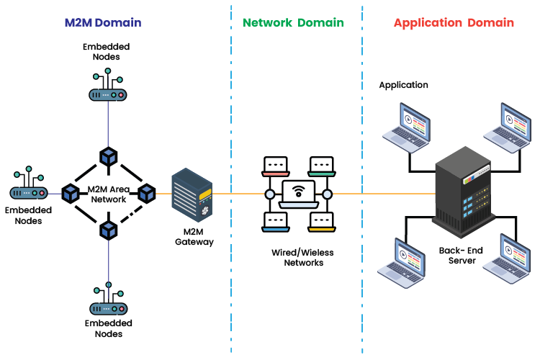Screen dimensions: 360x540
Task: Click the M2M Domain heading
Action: (102, 22)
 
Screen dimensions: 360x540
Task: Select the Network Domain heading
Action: (293, 22)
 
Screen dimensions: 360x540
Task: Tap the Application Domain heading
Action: (454, 22)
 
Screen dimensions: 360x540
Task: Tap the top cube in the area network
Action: (109, 156)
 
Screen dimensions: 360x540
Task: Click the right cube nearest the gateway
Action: (147, 193)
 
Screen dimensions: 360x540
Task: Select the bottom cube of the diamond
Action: (109, 230)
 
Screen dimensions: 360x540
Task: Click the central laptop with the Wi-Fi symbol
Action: (298, 194)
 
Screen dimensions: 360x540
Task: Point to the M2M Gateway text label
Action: (194, 238)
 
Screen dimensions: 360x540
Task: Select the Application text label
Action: (403, 85)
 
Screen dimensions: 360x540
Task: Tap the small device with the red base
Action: (276, 167)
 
